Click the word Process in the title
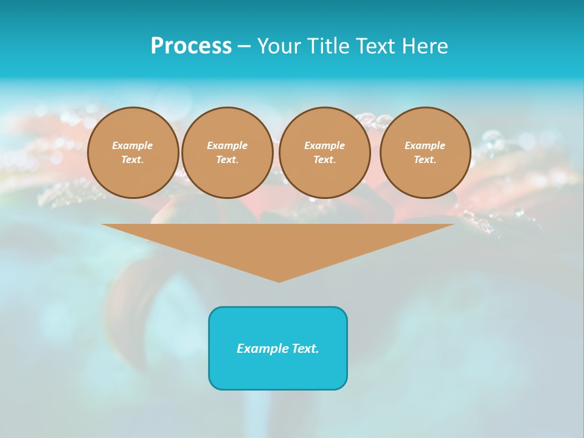(x=191, y=46)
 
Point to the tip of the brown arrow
(x=279, y=280)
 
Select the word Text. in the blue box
(x=305, y=349)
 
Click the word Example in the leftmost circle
(x=133, y=145)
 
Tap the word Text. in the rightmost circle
(x=425, y=159)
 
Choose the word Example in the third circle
(x=324, y=145)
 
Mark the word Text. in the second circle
(x=227, y=159)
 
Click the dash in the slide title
(x=244, y=46)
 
